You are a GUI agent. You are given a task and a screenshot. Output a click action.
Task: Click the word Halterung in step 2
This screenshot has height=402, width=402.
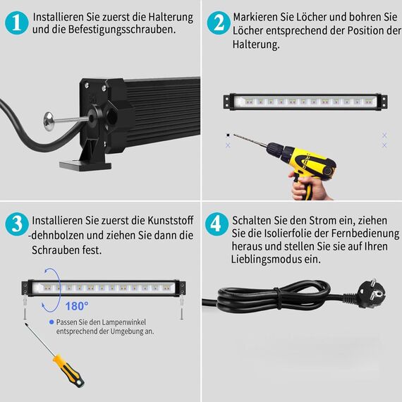pos(255,44)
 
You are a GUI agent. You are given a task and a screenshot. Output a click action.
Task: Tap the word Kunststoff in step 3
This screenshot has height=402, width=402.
pos(170,220)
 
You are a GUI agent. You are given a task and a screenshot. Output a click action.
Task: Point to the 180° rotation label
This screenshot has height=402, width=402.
pos(77,305)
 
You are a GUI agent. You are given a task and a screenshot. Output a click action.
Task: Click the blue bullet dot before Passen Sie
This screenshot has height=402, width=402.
pos(51,321)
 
